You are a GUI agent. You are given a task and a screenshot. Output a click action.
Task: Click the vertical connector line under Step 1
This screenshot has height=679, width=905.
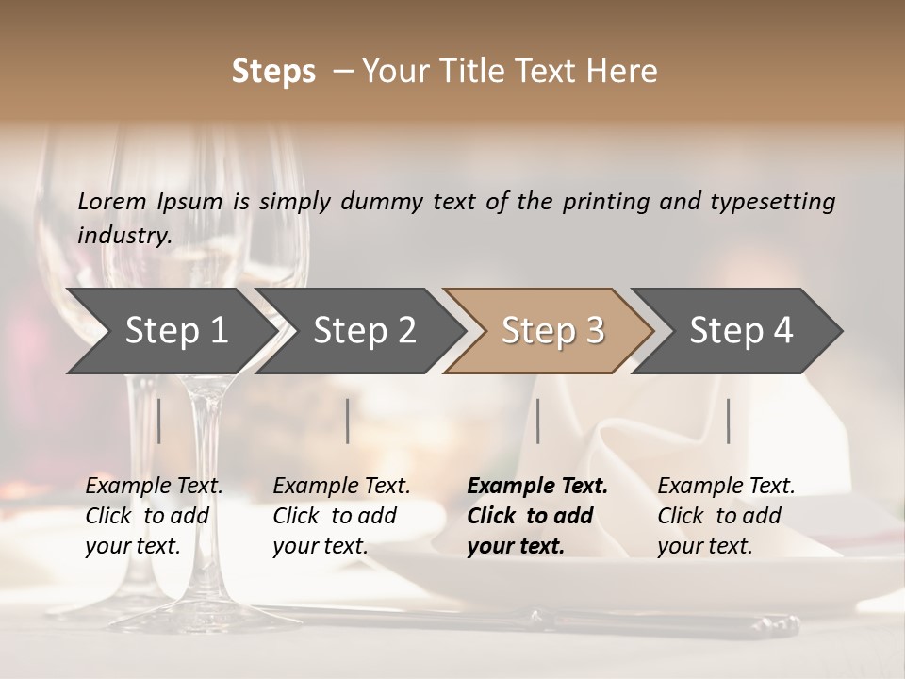coord(159,421)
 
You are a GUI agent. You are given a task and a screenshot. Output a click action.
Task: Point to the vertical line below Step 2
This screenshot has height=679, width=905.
coord(348,421)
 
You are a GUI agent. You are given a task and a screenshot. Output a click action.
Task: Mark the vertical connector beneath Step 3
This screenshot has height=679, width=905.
coord(537,421)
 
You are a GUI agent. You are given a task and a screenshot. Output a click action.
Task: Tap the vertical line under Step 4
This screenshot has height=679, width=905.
coord(728,421)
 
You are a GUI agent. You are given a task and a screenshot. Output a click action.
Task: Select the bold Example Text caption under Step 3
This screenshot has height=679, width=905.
coord(537,516)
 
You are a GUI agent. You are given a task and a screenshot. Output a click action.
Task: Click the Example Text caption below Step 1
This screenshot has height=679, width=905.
coord(154,516)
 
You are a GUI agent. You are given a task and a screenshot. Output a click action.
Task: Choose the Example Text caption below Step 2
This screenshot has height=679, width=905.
coord(341,516)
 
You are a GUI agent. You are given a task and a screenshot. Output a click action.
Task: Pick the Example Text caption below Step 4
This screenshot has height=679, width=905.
coord(726,516)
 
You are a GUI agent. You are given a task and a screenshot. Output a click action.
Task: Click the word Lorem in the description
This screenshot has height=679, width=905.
coord(112,202)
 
